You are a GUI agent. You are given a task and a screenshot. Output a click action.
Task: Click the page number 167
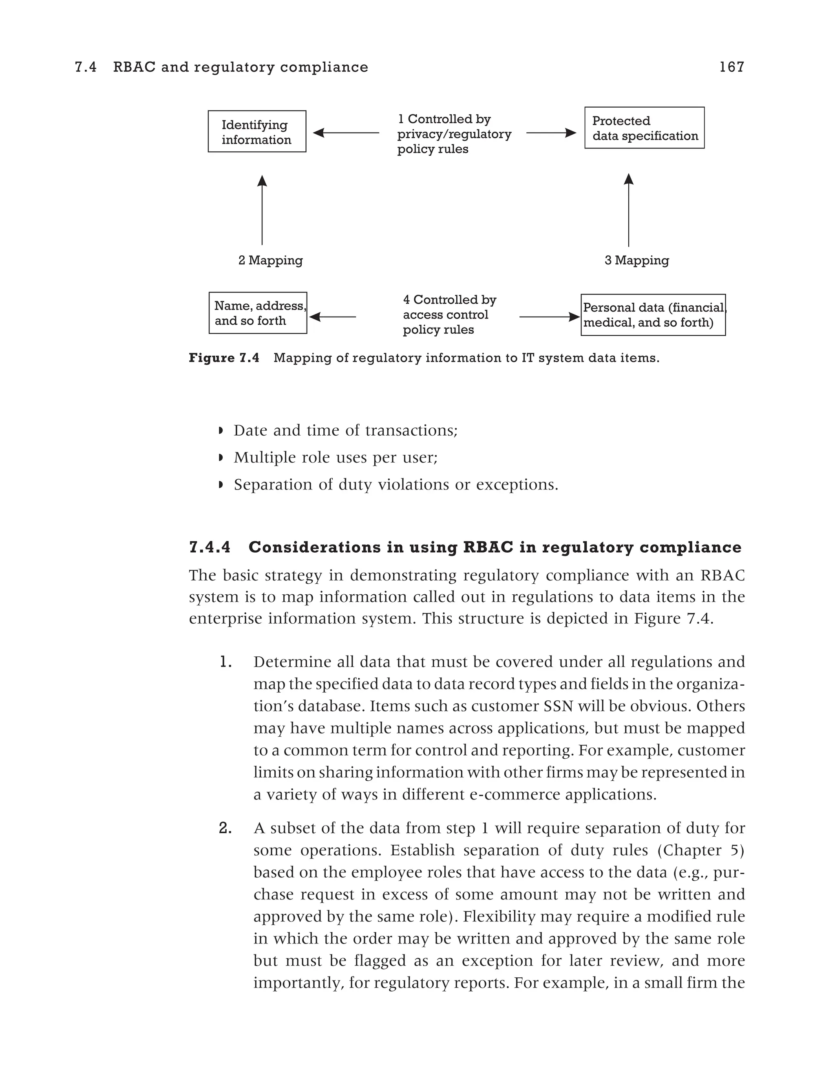coord(731,67)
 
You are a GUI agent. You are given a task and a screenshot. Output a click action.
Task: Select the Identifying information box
coord(256,131)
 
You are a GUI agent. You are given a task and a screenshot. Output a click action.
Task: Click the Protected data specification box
coord(644,128)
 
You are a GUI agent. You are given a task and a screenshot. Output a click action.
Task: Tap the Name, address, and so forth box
coord(258,313)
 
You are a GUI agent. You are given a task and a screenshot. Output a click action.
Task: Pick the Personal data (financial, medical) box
coord(653,315)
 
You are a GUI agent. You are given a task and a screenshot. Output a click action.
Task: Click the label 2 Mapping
coord(270,260)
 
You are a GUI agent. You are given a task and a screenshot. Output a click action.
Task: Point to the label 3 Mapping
coord(636,260)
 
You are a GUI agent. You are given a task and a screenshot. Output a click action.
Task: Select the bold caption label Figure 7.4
coord(223,358)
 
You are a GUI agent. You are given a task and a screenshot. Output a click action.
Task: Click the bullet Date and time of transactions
coord(345,430)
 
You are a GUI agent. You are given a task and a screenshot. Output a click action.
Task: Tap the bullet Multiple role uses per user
coord(335,457)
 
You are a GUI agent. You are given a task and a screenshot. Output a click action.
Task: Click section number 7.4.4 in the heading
coord(210,547)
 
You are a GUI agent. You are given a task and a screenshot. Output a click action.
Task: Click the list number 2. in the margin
coord(225,828)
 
